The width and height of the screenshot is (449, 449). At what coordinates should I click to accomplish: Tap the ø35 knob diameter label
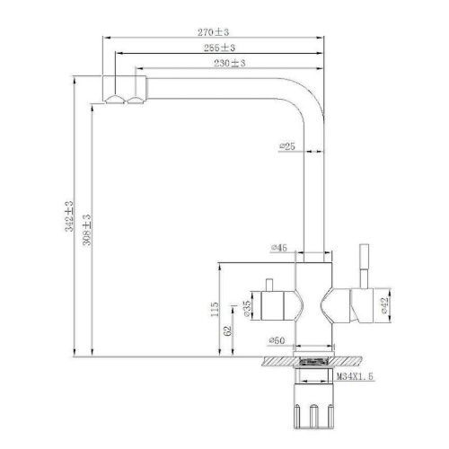click(245, 310)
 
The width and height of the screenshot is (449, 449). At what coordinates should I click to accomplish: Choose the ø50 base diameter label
click(277, 341)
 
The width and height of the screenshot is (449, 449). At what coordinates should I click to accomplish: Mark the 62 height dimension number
click(228, 330)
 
